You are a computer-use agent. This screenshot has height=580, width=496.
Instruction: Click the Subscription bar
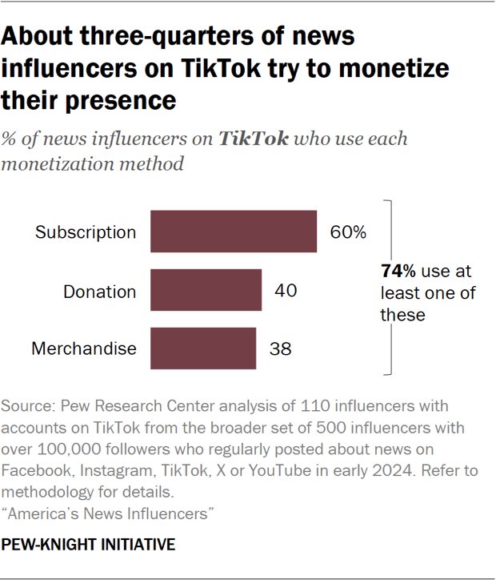tap(234, 232)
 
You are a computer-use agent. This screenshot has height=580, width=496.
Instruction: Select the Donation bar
tap(206, 290)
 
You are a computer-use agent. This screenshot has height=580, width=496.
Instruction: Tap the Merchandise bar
tap(203, 348)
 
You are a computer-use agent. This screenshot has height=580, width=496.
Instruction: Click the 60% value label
tap(348, 232)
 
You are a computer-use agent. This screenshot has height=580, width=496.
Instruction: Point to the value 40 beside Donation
tap(286, 290)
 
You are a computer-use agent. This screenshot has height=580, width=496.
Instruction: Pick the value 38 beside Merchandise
tap(280, 348)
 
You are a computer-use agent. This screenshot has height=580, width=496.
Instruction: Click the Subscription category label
tap(86, 232)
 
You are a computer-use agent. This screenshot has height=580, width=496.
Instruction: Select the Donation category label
tap(100, 291)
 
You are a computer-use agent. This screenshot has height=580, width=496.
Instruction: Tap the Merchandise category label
tap(84, 348)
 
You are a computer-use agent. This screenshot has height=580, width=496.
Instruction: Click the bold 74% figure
tap(397, 272)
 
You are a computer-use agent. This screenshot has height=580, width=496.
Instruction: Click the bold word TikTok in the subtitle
tap(254, 139)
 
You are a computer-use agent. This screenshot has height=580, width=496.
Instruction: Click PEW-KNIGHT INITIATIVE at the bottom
tap(88, 545)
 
